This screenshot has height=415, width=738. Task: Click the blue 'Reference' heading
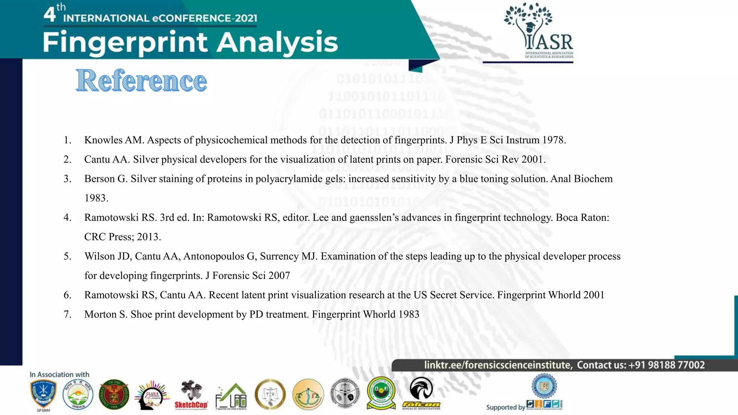coord(141,81)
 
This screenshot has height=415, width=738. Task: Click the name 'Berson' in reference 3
coord(106,179)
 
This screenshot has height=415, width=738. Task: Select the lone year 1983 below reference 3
coord(96,198)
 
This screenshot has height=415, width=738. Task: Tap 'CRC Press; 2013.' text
coord(123,237)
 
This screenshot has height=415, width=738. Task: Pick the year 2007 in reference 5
coord(279,276)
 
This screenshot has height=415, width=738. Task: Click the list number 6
coord(67,295)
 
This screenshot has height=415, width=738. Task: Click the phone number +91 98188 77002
coord(666,365)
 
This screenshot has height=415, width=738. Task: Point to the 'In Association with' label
coord(59,375)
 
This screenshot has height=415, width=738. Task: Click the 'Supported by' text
coord(505,407)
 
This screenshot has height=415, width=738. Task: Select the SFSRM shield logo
coord(43,396)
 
